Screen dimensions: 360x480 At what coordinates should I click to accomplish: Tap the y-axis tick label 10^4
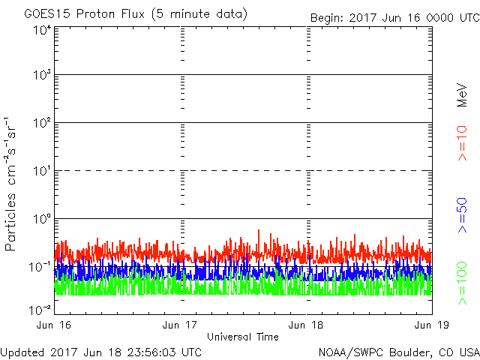pos(41,30)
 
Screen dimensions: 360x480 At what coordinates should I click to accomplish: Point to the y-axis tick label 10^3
pos(41,76)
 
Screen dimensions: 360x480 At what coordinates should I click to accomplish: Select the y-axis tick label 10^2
pos(41,124)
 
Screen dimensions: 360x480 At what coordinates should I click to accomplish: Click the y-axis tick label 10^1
pos(41,172)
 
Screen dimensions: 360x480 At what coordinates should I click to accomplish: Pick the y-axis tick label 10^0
pos(41,219)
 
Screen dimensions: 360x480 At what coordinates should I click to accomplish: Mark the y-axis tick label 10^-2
pos(40,310)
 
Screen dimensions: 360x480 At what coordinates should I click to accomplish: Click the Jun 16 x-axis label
pos(55,325)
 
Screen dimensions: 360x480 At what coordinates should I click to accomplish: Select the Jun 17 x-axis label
pos(181,325)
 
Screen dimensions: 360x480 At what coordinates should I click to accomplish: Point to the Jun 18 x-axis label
pos(307,325)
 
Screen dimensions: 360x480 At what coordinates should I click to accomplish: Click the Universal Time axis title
pos(243,337)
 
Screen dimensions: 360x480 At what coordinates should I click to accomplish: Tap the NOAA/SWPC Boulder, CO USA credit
pos(398,352)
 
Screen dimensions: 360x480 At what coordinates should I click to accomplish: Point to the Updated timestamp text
pos(101,352)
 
